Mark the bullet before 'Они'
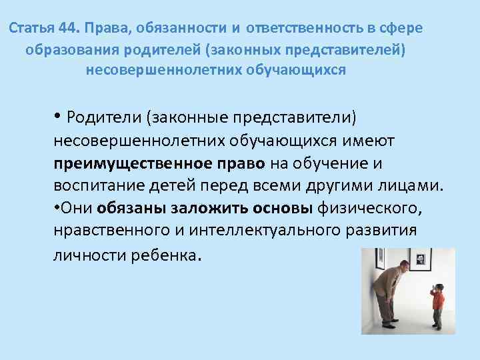point(58,207)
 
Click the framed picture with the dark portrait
point(421,259)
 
